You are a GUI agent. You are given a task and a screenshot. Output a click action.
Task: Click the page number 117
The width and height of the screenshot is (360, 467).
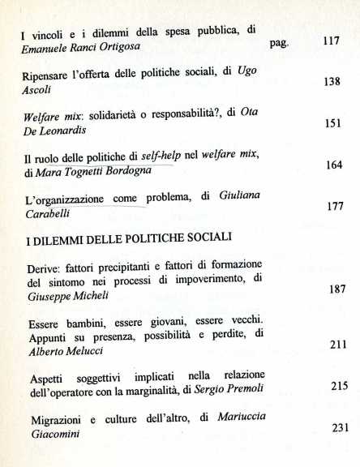pos(331,41)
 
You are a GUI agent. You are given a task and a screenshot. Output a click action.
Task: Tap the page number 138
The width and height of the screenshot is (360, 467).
pos(331,82)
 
